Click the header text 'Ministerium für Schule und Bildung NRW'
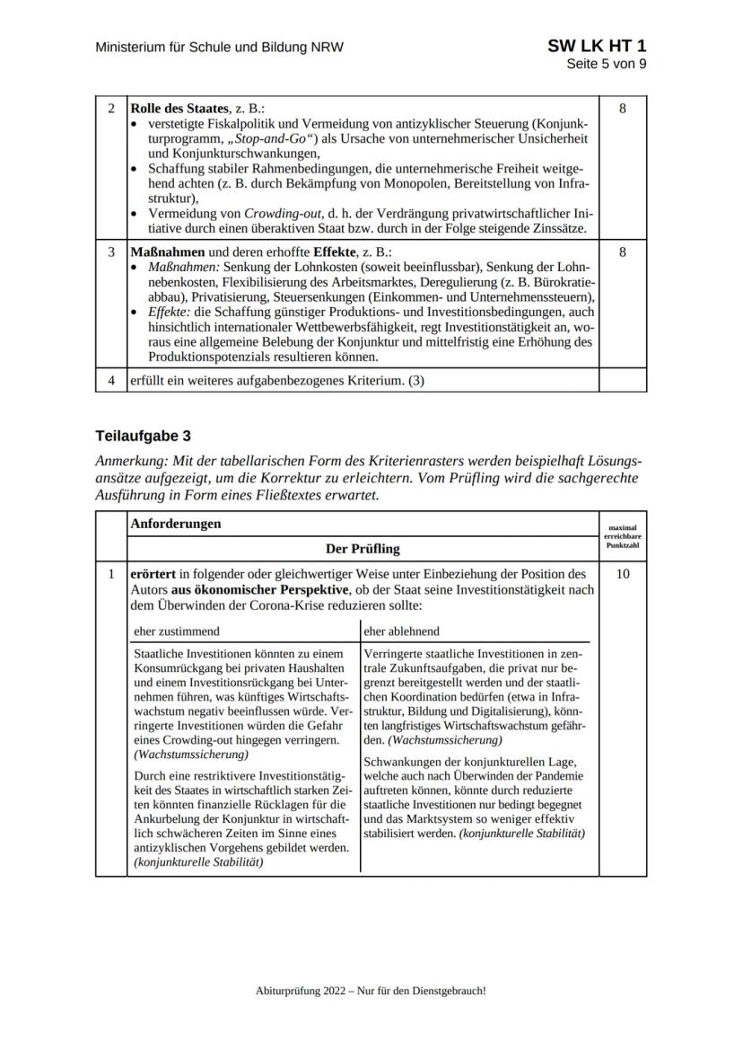click(x=219, y=47)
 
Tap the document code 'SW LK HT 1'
click(x=596, y=46)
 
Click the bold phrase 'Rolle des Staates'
click(x=179, y=109)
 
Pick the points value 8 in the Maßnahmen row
click(x=622, y=252)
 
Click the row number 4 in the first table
click(x=111, y=380)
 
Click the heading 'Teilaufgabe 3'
click(x=143, y=437)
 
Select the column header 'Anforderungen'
click(x=176, y=524)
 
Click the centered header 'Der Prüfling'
click(x=363, y=548)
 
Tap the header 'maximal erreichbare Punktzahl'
click(x=622, y=536)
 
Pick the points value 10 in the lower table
click(x=622, y=574)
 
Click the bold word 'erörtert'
click(x=154, y=574)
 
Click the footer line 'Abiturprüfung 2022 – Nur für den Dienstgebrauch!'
click(x=371, y=991)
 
